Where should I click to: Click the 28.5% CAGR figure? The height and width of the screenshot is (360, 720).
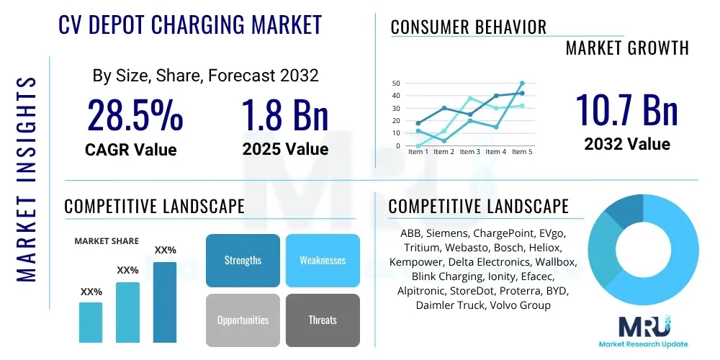135,116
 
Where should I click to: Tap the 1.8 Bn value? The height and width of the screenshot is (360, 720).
285,116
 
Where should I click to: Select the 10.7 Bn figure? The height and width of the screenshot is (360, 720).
626,110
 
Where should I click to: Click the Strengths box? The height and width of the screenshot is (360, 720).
243,260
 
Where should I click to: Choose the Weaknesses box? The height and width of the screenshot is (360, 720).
323,260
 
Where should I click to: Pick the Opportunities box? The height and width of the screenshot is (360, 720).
243,320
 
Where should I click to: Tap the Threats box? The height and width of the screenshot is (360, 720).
323,320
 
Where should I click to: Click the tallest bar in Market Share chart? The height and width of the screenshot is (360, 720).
165,302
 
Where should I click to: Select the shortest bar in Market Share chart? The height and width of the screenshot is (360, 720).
91,322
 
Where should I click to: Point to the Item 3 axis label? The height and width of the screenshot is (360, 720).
469,152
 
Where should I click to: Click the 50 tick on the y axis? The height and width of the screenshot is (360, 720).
396,84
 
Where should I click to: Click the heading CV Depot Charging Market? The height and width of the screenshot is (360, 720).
190,24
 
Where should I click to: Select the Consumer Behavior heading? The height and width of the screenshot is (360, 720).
469,27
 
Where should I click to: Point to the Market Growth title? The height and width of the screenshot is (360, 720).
627,48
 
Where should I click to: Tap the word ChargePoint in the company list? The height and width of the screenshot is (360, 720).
500,233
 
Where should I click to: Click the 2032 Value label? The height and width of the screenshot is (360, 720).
626,144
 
